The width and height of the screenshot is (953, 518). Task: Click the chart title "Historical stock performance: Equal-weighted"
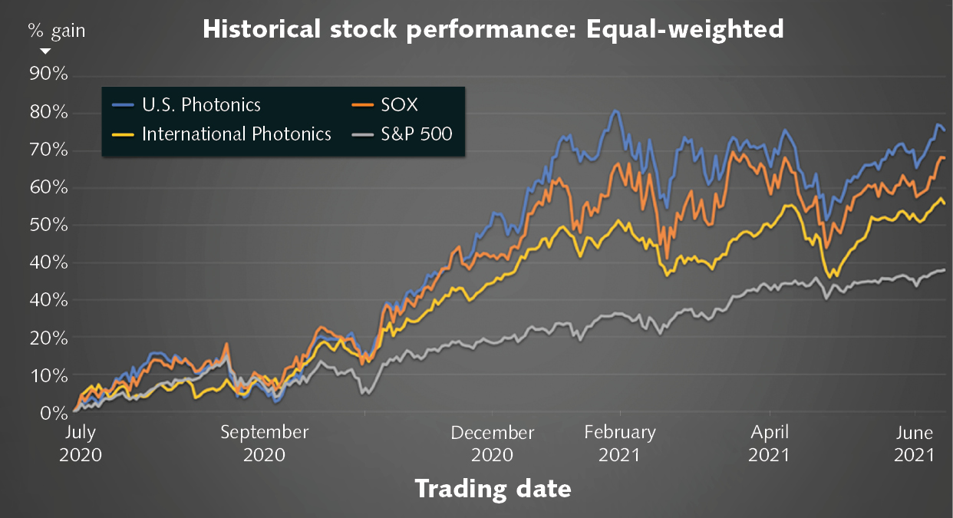[x=493, y=29]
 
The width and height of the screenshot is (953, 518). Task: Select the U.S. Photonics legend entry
[x=201, y=105]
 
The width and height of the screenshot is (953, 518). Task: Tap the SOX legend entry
[x=400, y=105]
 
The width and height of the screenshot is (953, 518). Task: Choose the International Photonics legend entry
[x=236, y=134]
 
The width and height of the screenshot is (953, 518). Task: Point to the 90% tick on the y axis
[x=49, y=74]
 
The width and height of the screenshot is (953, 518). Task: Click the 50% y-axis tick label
[x=49, y=225]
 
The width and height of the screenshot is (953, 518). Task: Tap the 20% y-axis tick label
[x=49, y=338]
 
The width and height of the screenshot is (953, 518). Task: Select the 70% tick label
[x=49, y=150]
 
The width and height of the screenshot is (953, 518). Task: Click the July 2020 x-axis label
[x=81, y=443]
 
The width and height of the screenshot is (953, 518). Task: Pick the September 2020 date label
[x=265, y=443]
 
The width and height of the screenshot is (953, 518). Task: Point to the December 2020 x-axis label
[x=493, y=443]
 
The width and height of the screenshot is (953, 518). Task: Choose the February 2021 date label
[x=620, y=443]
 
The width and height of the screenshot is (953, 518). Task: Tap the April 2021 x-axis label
[x=769, y=443]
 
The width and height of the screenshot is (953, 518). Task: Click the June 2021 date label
[x=915, y=443]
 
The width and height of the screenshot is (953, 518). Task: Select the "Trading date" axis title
[x=493, y=488]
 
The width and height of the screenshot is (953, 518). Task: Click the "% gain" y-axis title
[x=57, y=31]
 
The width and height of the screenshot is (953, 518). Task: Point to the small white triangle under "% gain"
[x=45, y=51]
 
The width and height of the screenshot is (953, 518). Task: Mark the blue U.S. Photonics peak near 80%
[x=615, y=111]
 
